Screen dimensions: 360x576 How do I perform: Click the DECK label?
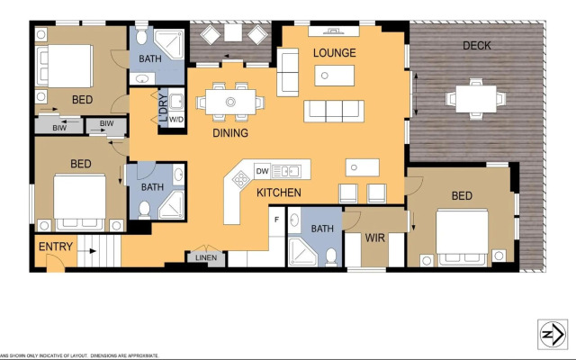tap(476, 46)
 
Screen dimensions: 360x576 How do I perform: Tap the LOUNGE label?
tap(335, 53)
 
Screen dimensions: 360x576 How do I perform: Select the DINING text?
tap(230, 133)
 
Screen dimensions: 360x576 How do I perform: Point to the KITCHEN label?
tap(278, 193)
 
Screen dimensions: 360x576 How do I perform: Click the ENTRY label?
tap(56, 247)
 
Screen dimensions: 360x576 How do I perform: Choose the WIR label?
tap(375, 238)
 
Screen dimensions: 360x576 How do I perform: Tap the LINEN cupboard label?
tap(204, 258)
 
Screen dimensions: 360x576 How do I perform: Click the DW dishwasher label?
tap(263, 170)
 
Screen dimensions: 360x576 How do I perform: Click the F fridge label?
tap(276, 219)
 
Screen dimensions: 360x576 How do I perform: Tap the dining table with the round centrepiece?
tap(231, 101)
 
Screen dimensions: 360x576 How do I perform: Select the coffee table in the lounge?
tap(334, 76)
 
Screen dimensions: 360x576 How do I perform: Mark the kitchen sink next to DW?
tap(289, 169)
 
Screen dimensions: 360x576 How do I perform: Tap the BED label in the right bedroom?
tap(462, 196)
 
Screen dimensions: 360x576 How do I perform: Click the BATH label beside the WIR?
tap(321, 229)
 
